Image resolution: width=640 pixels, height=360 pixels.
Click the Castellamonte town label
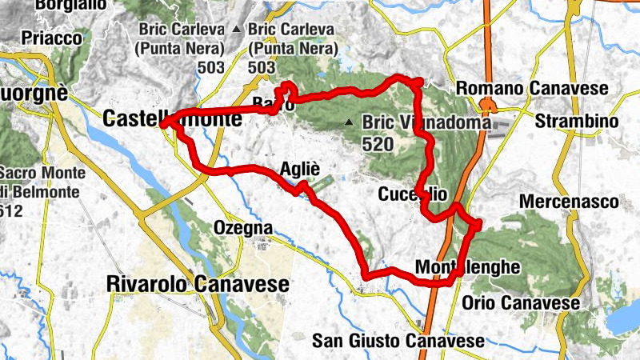172,120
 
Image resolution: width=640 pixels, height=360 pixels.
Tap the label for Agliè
301,169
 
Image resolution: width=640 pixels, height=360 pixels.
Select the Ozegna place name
243,228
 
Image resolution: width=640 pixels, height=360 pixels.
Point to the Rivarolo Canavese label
198,284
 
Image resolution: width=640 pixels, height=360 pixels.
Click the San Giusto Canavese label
398,341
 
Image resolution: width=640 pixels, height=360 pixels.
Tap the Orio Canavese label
521,303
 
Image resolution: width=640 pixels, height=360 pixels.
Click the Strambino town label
577,122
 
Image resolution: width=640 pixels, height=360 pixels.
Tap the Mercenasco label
569,202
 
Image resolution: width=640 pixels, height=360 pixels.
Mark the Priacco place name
52,38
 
